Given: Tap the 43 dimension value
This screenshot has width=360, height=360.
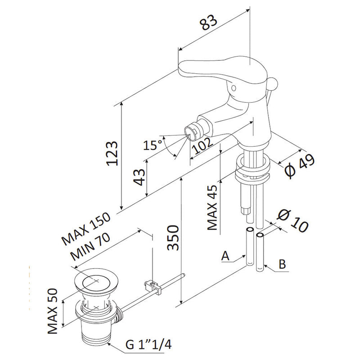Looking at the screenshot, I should [140, 178].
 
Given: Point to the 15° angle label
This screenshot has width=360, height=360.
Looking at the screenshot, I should [153, 145].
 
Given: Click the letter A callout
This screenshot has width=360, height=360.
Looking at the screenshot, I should [226, 256].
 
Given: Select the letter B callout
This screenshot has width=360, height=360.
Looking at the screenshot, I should [282, 264].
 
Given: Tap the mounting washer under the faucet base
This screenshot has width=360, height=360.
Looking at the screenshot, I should [254, 167].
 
